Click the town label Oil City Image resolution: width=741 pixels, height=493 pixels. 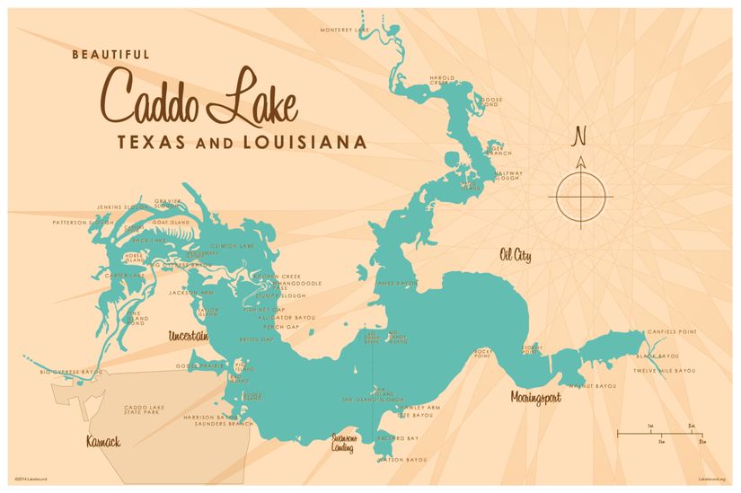(515, 257)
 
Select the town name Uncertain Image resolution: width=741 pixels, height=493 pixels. (188, 336)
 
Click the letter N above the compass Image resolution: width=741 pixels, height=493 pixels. (580, 136)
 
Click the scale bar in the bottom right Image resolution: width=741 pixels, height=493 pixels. (660, 435)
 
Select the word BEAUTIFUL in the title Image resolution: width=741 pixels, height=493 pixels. (110, 54)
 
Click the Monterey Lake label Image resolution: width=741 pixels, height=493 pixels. (345, 30)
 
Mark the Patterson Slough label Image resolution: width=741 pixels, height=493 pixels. (83, 222)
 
